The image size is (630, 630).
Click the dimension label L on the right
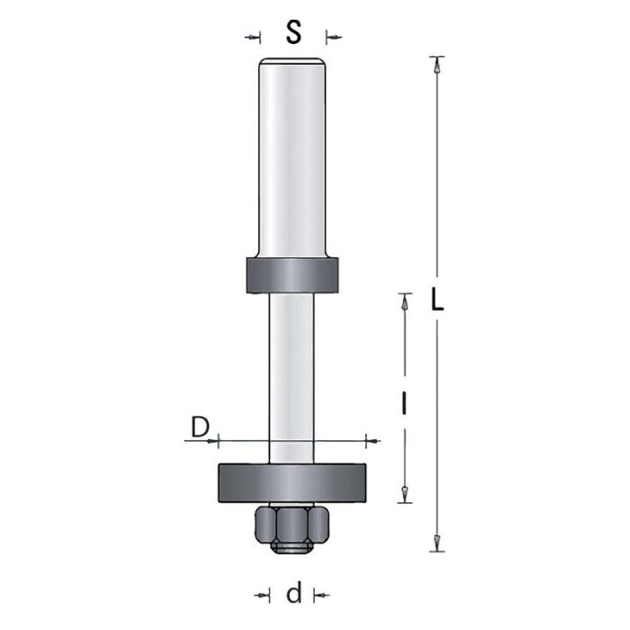click(x=437, y=301)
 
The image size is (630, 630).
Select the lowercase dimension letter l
click(x=405, y=405)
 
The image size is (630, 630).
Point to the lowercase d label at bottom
click(x=292, y=595)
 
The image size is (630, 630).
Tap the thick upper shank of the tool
click(x=292, y=162)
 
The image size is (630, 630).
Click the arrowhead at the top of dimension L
click(x=437, y=65)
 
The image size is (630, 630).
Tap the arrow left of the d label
click(x=264, y=594)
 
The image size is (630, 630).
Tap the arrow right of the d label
click(x=320, y=594)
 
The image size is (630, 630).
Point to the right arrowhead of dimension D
click(x=370, y=441)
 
